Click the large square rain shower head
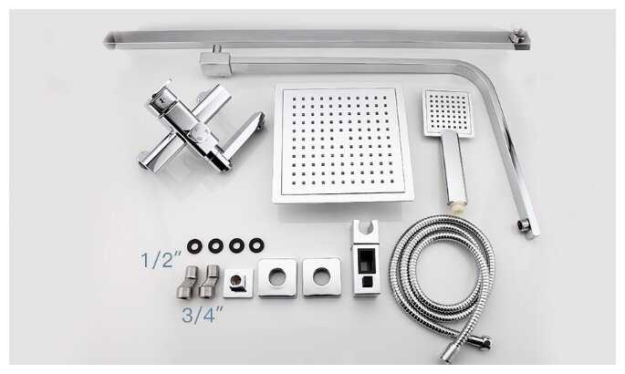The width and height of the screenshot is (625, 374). click(x=343, y=144)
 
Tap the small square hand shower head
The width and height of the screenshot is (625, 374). click(x=448, y=113)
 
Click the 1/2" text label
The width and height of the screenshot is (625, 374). click(x=161, y=260)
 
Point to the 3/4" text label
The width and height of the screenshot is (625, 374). click(x=202, y=315)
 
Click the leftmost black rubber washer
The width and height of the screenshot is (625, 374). click(x=194, y=246)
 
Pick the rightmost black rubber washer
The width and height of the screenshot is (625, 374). click(x=256, y=245)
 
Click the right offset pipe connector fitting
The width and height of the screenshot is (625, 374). click(x=209, y=281)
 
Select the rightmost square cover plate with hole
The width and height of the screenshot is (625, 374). click(x=321, y=277)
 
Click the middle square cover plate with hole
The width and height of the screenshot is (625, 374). click(x=277, y=277)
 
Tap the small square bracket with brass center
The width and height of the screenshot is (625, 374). click(x=238, y=283)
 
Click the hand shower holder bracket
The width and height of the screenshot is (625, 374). click(x=366, y=259)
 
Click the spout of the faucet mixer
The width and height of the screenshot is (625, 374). click(x=244, y=134)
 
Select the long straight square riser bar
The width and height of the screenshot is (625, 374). click(x=317, y=39)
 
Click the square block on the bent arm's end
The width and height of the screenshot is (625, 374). click(x=215, y=65)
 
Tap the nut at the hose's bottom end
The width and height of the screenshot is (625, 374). click(x=484, y=342)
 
